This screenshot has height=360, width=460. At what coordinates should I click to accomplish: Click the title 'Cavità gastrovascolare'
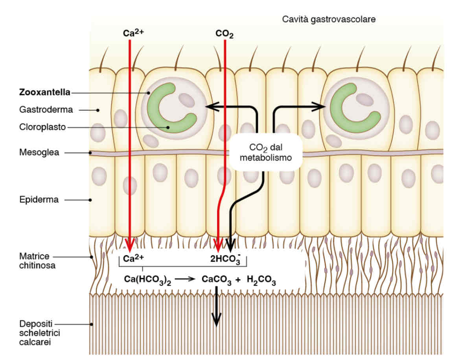coord(329,19)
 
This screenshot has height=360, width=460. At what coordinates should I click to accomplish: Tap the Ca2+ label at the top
coord(134,33)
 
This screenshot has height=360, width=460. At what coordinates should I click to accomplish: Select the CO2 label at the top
coord(224,34)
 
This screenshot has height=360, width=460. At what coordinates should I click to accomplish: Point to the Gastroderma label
coord(46,110)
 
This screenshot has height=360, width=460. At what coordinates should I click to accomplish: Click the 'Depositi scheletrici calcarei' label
coord(37,333)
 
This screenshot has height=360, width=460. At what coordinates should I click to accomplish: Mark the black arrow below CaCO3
coord(216,309)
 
